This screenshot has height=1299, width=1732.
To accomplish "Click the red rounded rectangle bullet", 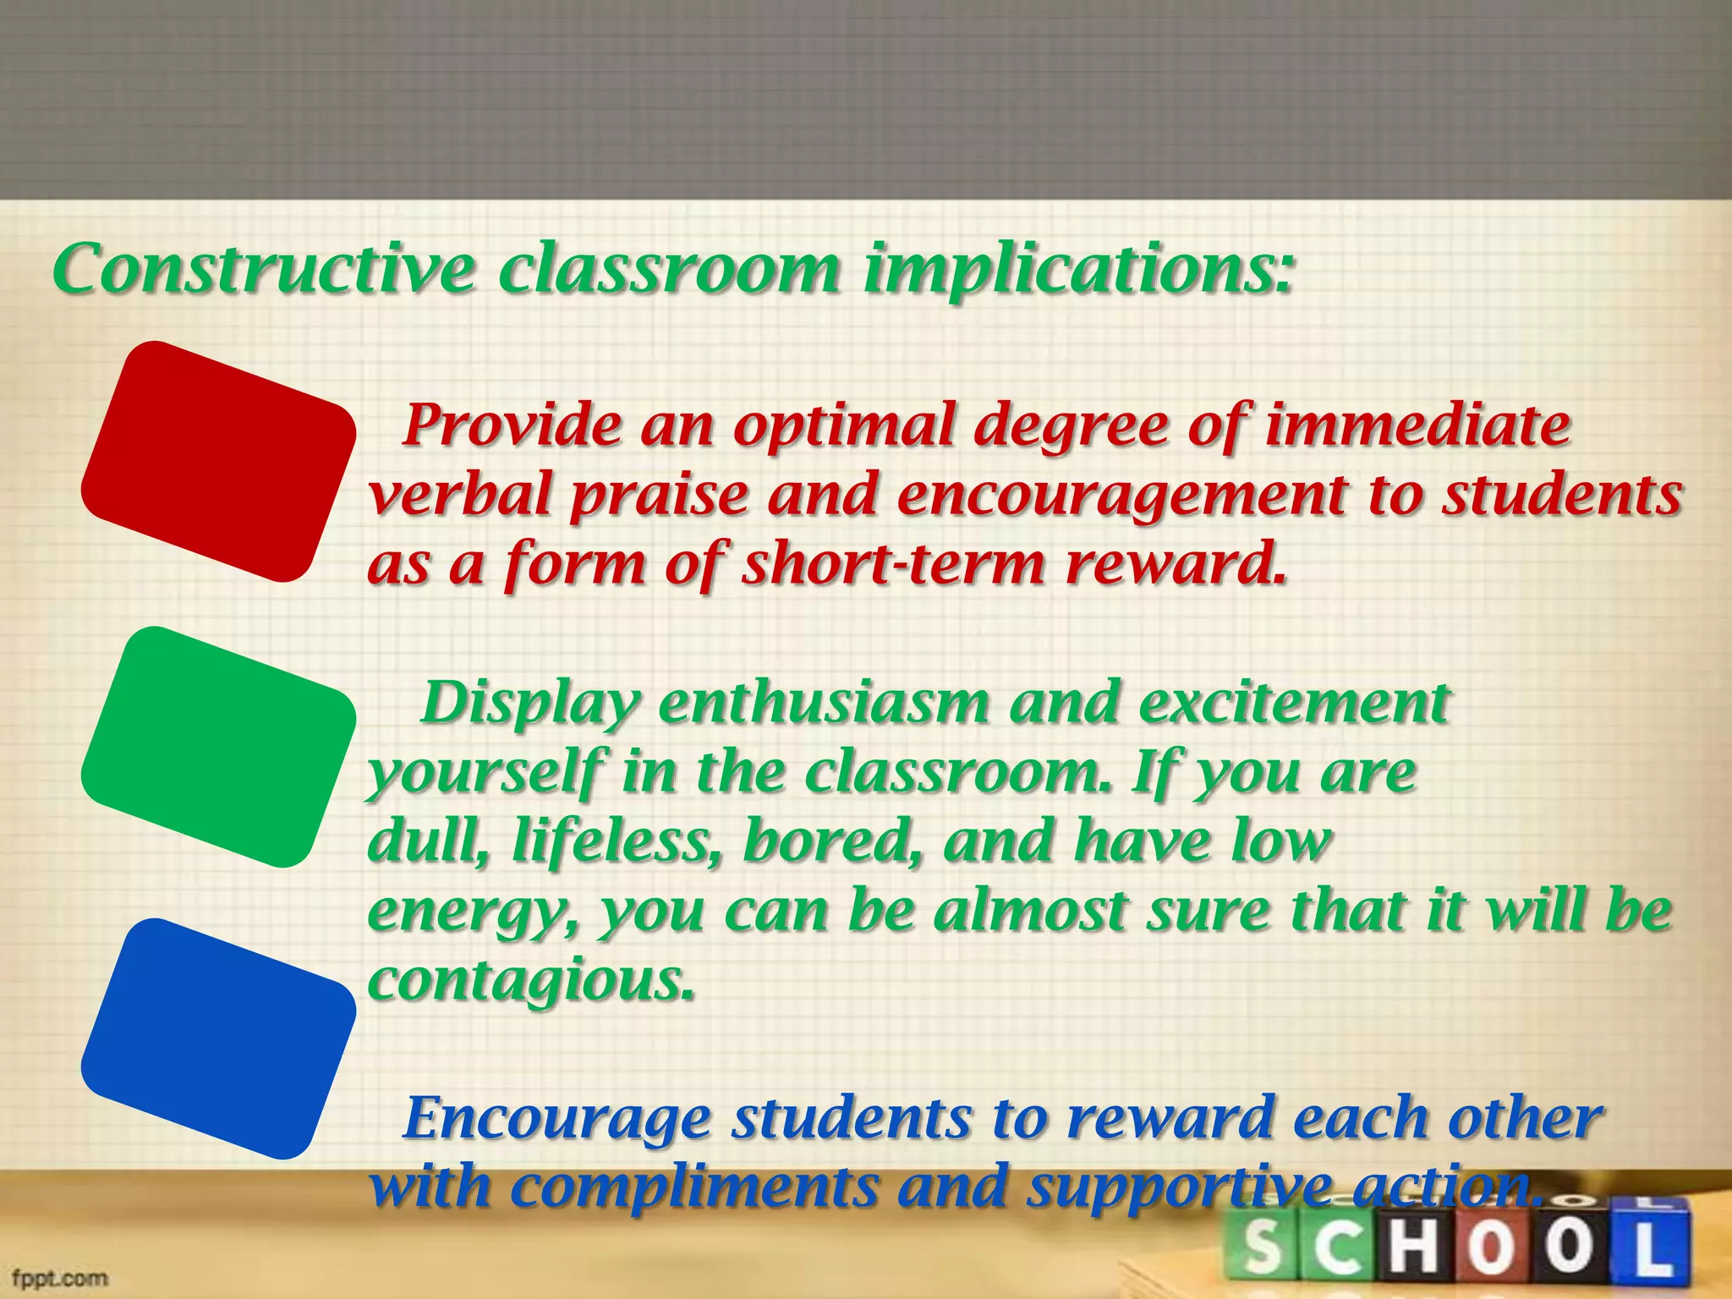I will click(x=218, y=462).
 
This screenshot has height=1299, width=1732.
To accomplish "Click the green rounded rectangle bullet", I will click(x=218, y=748).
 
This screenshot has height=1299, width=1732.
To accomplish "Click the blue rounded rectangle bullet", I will click(x=218, y=1039).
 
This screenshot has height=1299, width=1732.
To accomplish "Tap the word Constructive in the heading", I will click(x=264, y=269).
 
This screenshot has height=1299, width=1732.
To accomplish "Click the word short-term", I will click(x=893, y=564).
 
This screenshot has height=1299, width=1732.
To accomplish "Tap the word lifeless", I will click(x=618, y=842).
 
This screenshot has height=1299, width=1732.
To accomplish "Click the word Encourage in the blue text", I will click(x=556, y=1118).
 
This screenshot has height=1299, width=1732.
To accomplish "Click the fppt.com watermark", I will click(x=59, y=1277).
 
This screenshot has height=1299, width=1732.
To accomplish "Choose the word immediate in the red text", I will click(x=1417, y=425).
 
